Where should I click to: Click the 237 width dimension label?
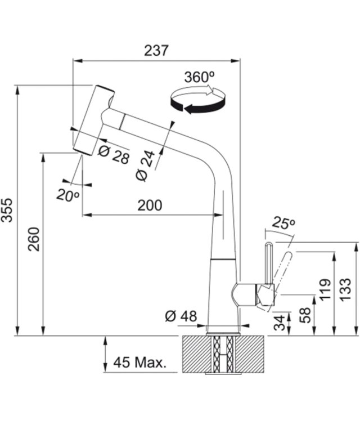156,50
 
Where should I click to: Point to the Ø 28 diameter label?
114,155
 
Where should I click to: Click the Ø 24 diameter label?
145,166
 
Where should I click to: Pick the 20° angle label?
68,195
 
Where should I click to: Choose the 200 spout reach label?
150,205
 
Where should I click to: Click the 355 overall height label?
7,210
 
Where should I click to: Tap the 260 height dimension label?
35,239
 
